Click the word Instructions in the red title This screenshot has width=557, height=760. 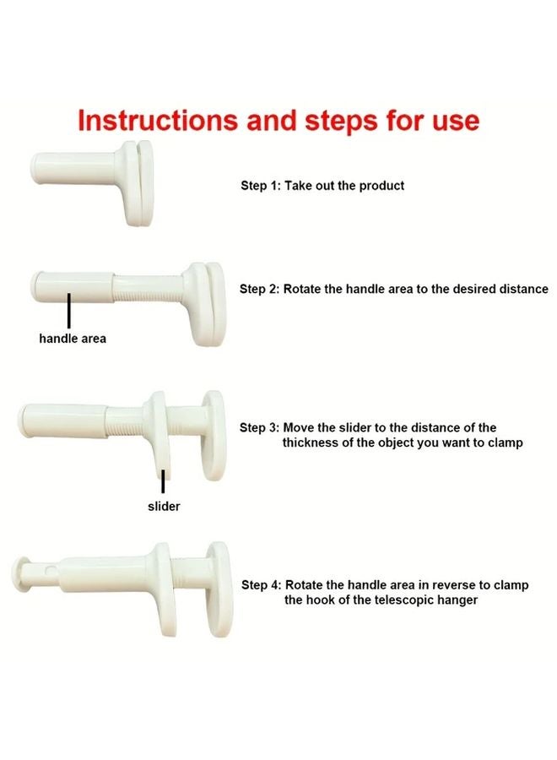pos(158,120)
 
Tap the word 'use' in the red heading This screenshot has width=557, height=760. pos(456,121)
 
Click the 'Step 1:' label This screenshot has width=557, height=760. pos(261,186)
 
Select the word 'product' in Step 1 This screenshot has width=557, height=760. pos(381,186)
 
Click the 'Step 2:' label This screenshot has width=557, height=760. pos(259,289)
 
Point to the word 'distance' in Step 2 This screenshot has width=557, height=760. pos(525,289)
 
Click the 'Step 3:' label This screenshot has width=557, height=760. pos(259,427)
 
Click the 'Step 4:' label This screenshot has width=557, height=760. pos(261,585)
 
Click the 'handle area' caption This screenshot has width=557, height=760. pos(73,339)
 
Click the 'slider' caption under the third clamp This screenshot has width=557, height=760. pos(164,506)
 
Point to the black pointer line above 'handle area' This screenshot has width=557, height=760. pos(69,310)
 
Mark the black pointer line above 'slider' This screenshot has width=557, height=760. pos(163,480)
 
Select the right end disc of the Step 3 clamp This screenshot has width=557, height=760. pos(214,435)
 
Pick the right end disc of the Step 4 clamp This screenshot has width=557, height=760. pos(219,589)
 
